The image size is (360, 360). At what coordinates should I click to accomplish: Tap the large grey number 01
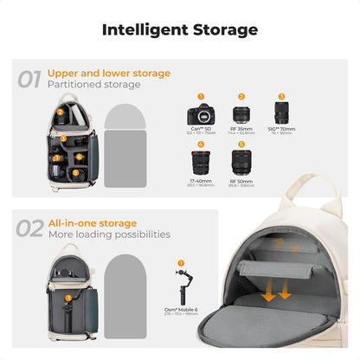(x=30, y=80)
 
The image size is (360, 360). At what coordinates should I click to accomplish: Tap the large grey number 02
(x=30, y=229)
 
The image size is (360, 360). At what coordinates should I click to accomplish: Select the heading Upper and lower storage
(x=108, y=74)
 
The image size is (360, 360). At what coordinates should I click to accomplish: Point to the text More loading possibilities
(x=108, y=235)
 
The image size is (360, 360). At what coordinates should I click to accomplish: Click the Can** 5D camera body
(x=201, y=115)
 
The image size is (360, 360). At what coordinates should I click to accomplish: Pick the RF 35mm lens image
(x=241, y=116)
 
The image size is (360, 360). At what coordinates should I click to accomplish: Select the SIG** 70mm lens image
(x=281, y=114)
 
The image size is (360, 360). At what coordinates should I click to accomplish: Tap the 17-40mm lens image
(x=201, y=162)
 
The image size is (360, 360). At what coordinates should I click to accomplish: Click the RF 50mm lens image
(x=241, y=162)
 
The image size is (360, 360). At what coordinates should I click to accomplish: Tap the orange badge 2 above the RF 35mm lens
(x=241, y=96)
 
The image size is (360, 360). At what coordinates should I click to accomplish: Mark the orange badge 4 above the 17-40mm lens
(x=201, y=143)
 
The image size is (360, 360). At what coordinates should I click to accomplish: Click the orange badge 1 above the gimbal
(x=181, y=260)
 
